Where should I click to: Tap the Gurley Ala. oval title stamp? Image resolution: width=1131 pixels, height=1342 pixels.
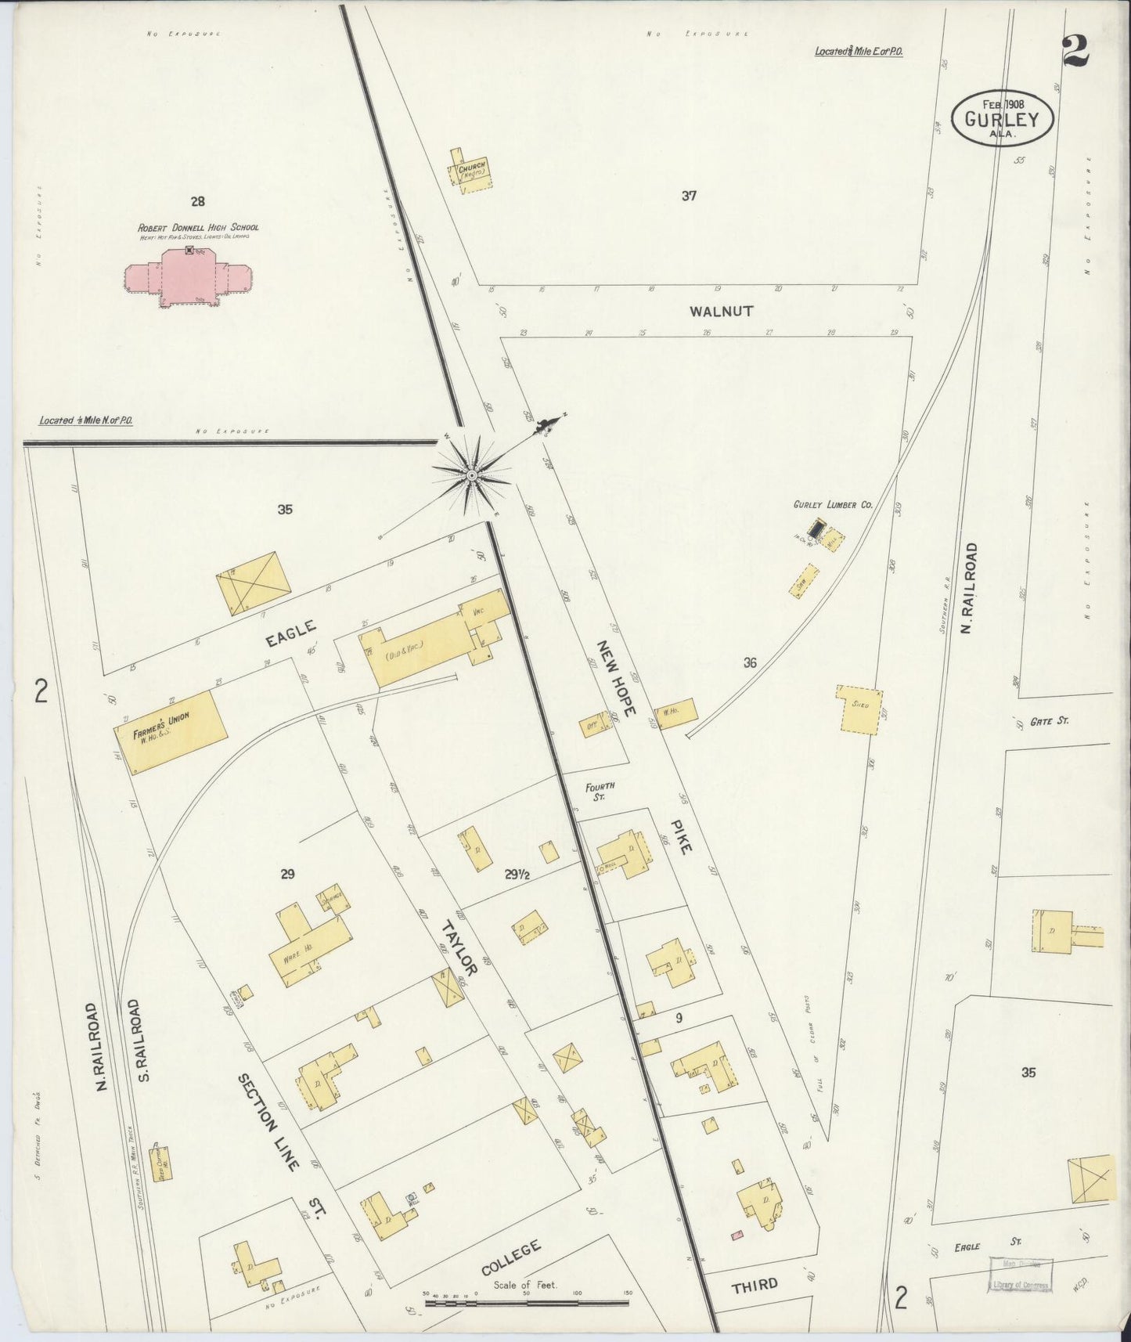[x=1002, y=119]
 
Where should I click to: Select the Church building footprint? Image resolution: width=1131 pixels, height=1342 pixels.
[x=472, y=169]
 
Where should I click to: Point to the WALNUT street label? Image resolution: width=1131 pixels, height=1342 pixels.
[x=721, y=312]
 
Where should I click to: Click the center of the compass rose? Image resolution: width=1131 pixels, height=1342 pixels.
[x=472, y=475]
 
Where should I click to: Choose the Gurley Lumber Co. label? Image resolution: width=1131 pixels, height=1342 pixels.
[x=833, y=506]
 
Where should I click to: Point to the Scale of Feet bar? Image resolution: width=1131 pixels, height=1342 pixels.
[x=527, y=1303]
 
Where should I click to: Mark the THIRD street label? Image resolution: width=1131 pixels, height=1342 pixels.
[x=755, y=1284]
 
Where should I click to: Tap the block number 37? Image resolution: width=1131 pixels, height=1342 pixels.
[x=689, y=196]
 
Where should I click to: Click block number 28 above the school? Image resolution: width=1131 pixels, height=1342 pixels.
[x=197, y=201]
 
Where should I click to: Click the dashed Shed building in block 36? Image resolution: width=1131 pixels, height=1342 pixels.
[x=861, y=711]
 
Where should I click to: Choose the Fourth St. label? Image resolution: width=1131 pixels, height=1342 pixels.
[x=602, y=791]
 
